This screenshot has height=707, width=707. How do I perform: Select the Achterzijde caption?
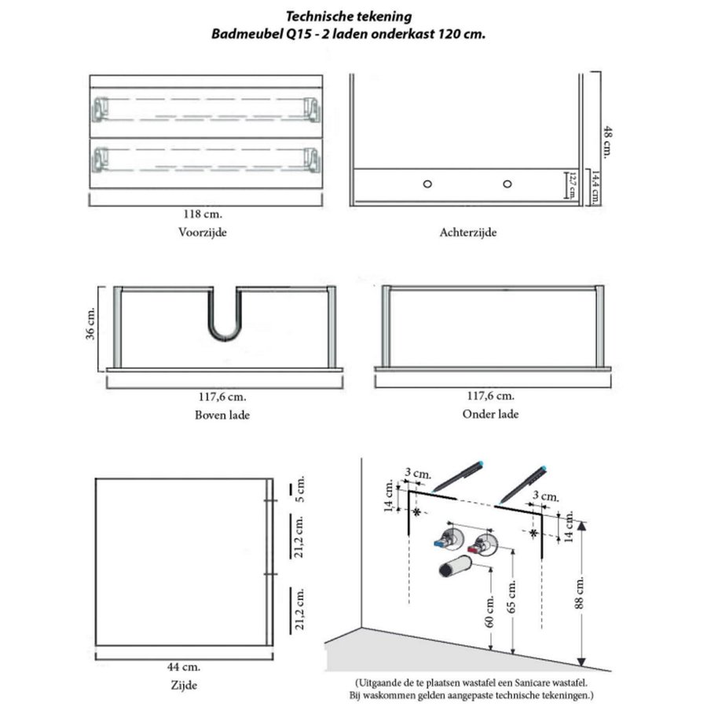[x=469, y=233]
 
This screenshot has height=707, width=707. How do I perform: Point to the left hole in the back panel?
[x=427, y=183]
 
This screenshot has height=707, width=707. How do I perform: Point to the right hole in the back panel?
[x=507, y=183]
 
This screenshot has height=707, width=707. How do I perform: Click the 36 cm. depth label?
[x=91, y=324]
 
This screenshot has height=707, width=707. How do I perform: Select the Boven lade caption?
[x=222, y=415]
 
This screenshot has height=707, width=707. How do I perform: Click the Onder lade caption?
[x=490, y=414]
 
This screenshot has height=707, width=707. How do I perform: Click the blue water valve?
[x=445, y=541]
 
